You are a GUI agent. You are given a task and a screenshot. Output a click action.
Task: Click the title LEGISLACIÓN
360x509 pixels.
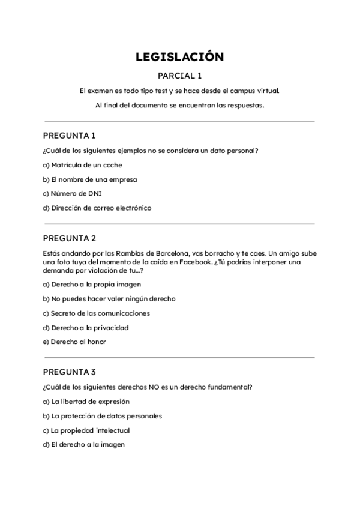pos(180,57)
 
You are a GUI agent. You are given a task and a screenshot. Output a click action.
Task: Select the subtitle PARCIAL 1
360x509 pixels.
pos(180,76)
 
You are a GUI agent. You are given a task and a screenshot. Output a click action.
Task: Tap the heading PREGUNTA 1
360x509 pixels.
pos(70,135)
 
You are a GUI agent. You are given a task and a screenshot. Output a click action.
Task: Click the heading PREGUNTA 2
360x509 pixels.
pos(70,238)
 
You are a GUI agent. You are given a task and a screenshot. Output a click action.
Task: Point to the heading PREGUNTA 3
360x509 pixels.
pos(70,372)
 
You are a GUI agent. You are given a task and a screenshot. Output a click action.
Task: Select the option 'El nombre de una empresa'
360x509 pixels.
pos(90,179)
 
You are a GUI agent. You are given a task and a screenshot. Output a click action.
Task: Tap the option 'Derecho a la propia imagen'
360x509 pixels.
pos(91,284)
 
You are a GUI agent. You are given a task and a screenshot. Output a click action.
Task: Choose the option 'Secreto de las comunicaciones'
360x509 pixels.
pos(96,313)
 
